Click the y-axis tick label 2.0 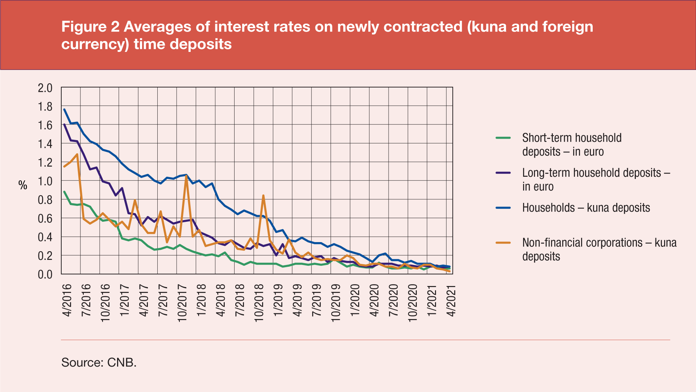(45, 88)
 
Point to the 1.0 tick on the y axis (45, 181)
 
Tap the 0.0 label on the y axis (45, 274)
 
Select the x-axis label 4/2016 (67, 300)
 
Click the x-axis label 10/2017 (182, 303)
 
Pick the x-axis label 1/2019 (278, 300)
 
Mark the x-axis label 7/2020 (393, 300)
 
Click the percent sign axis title (23, 185)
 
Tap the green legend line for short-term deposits (503, 138)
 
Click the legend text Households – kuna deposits (586, 208)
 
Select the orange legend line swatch (503, 242)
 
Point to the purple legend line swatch (503, 173)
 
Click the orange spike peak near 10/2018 (263, 196)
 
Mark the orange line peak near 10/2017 (186, 176)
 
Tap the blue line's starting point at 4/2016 (64, 109)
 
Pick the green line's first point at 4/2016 (64, 192)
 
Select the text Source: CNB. (99, 362)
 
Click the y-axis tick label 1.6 (45, 125)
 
